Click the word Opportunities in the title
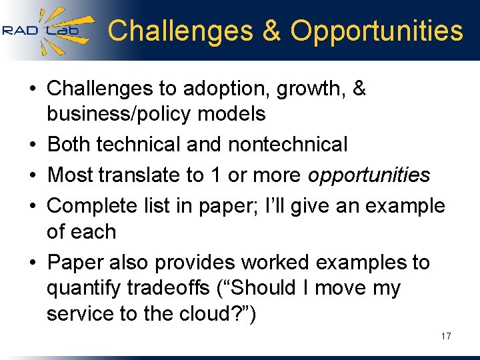[377, 31]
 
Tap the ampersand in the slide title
[272, 31]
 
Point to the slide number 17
[445, 336]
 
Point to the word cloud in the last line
[216, 314]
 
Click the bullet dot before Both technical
[33, 145]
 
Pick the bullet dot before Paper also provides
[33, 263]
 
